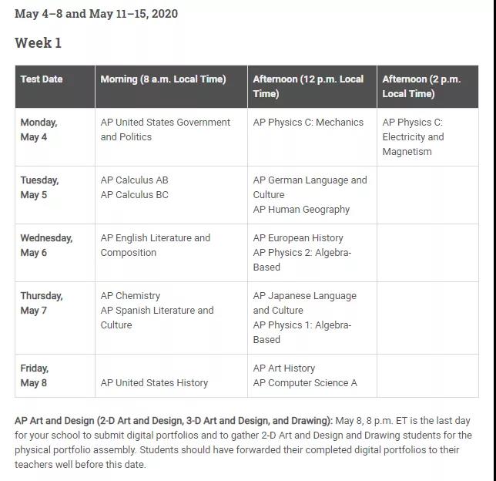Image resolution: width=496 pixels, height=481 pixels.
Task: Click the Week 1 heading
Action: tap(38, 43)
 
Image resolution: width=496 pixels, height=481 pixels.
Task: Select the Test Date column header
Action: tap(42, 79)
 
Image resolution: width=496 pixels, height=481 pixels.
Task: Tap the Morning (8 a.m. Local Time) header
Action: tap(163, 79)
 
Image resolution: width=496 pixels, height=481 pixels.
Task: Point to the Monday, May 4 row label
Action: tap(39, 129)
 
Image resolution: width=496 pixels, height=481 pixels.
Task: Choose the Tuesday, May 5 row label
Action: tap(39, 187)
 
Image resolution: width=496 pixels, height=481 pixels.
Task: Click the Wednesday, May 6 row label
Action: tap(46, 245)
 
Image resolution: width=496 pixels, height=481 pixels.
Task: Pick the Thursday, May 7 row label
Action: tap(42, 303)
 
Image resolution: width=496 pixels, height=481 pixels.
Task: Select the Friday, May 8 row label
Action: tap(34, 375)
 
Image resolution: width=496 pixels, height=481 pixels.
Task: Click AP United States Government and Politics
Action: tap(165, 129)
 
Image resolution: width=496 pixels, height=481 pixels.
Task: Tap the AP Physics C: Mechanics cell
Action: tap(308, 123)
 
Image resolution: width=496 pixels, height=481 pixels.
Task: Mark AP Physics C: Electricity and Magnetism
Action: tap(413, 136)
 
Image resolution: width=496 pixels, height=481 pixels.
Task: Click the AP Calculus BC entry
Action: tap(134, 195)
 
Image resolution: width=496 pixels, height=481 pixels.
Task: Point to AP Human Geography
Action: tap(301, 210)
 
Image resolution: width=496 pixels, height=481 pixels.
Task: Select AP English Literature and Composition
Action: tap(155, 245)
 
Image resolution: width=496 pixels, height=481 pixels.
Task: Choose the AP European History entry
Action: tap(298, 238)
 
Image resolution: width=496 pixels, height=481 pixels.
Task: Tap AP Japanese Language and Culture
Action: tap(304, 303)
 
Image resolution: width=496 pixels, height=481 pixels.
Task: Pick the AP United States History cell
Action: tap(154, 383)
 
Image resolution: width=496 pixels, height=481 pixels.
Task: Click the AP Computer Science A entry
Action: tap(305, 383)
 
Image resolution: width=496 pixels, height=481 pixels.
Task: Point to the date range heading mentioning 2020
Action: tap(96, 14)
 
